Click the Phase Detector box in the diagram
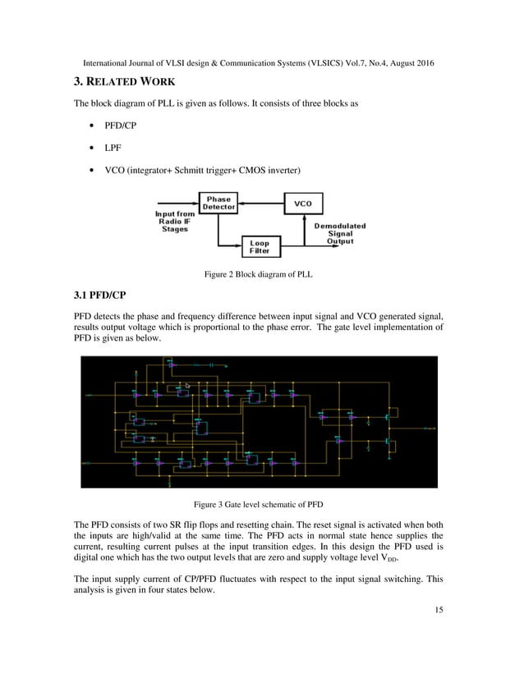tap(218, 203)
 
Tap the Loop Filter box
tap(260, 246)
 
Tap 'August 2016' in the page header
tap(408, 63)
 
